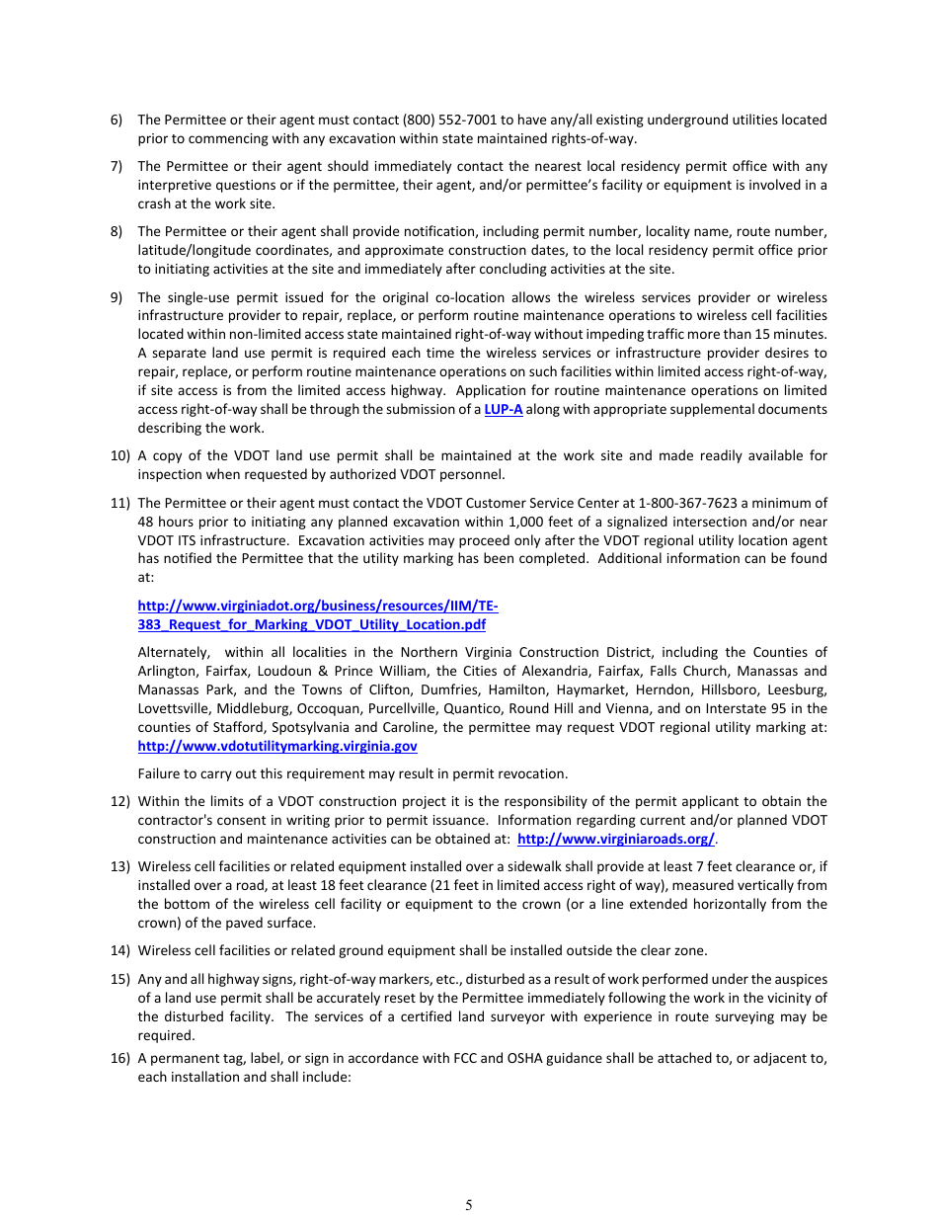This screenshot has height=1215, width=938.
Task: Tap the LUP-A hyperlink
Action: pos(504,409)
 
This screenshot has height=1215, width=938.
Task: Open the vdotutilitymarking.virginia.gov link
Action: pos(277,746)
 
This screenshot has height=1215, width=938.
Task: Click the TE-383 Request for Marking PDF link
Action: pos(317,615)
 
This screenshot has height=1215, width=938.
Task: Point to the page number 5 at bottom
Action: pos(469,1204)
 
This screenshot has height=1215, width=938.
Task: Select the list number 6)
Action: pos(117,120)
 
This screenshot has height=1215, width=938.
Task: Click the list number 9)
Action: pos(117,297)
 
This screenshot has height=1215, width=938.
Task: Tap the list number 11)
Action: pos(118,503)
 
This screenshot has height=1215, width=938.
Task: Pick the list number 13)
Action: pos(119,866)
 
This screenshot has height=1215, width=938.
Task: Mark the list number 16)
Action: pos(119,1058)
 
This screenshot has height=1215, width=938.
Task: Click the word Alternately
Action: pos(174,652)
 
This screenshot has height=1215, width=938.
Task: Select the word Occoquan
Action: pos(339,708)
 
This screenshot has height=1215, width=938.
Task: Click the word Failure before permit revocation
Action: pos(161,773)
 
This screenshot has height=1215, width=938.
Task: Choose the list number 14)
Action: pos(119,950)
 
